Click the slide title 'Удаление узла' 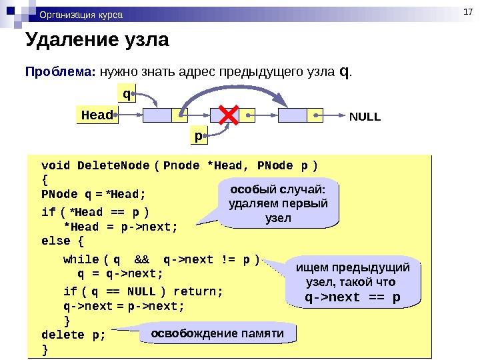click(x=97, y=41)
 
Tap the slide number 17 click(x=467, y=10)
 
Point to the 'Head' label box click(x=97, y=115)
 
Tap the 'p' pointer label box click(x=199, y=136)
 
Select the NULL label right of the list click(x=365, y=117)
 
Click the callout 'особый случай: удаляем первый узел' click(x=278, y=201)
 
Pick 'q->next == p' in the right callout click(x=353, y=297)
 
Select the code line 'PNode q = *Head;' click(x=93, y=195)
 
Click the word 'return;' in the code click(x=198, y=291)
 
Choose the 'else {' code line click(x=63, y=240)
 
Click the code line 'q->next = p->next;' click(x=124, y=306)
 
